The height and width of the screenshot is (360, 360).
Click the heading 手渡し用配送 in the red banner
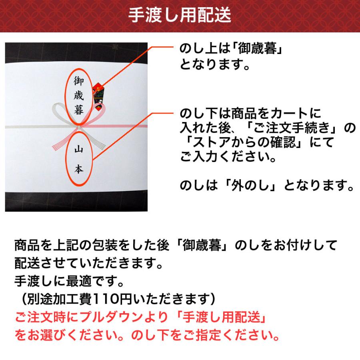click(x=180, y=16)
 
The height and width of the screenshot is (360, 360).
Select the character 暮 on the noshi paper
click(x=79, y=110)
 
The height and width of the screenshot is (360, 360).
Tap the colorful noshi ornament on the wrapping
click(x=98, y=91)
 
